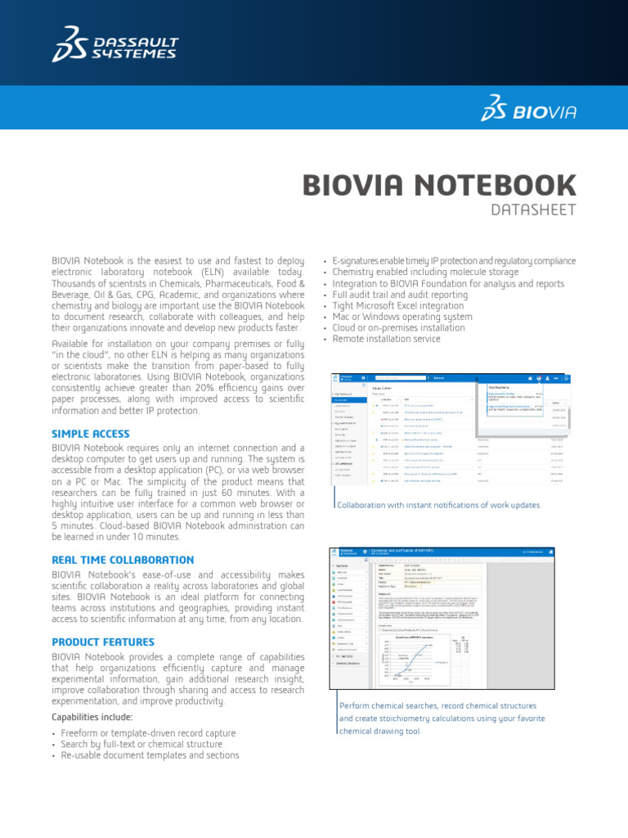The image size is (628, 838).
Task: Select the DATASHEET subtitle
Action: [533, 210]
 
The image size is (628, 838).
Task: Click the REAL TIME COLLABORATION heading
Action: [123, 560]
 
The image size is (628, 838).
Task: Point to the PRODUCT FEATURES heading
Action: [103, 642]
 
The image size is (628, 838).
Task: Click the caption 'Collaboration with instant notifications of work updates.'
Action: [439, 505]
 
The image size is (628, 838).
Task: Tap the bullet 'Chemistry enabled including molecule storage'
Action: [425, 272]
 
